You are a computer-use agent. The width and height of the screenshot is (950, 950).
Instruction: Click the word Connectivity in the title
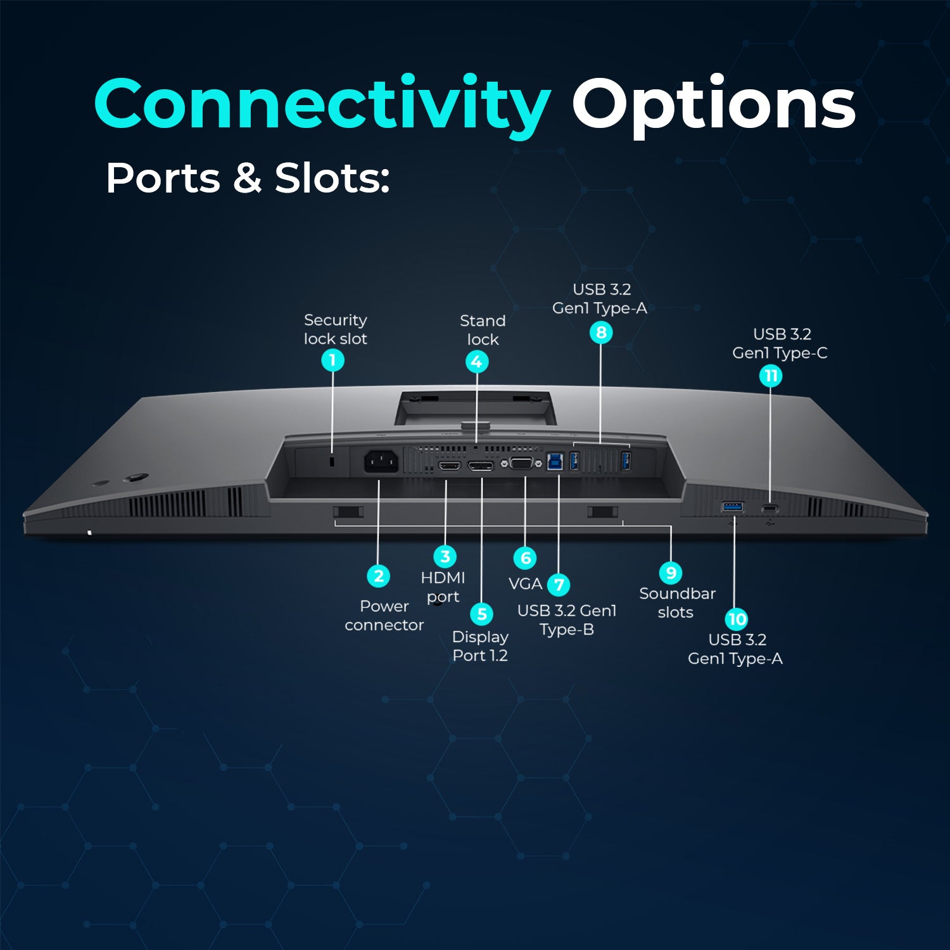coord(322,104)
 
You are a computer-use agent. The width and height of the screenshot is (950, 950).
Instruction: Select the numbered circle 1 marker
coord(332,360)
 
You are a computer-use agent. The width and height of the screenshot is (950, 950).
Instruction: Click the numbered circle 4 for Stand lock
coord(477,362)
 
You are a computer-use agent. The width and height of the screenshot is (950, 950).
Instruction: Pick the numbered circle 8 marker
coord(601,332)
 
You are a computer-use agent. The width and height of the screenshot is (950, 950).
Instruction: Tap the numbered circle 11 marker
coord(771,376)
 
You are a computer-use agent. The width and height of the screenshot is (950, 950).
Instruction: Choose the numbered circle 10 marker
coord(737,619)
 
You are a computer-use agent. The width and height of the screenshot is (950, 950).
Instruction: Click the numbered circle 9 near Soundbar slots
coord(671,573)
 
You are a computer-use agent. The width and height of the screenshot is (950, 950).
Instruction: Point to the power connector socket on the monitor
coord(381,461)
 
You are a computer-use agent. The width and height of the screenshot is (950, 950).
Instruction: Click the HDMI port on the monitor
coord(449,466)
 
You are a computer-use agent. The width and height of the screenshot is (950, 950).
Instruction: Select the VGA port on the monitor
coord(521,463)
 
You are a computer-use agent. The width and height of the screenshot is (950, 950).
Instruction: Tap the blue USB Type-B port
coord(555,460)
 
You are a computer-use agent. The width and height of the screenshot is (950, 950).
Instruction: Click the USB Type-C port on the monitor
coord(770,509)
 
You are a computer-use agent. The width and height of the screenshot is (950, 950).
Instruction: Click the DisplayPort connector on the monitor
coord(481,466)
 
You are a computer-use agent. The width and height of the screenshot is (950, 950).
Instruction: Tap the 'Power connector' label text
coord(384,616)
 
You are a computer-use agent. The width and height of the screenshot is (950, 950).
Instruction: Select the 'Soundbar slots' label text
coord(676,603)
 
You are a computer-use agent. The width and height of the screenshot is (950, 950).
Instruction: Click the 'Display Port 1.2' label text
coord(480,646)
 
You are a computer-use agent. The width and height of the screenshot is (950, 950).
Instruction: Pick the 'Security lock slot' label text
coord(335,329)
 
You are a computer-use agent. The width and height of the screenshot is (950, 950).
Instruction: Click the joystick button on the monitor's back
coord(136,478)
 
